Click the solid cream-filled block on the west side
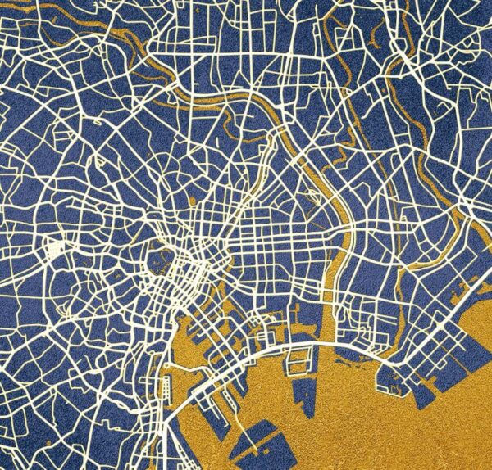click(56, 247)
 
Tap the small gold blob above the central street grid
click(194, 200)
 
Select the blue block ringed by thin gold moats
click(160, 260)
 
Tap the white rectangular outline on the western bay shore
click(167, 384)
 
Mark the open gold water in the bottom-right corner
click(459, 434)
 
